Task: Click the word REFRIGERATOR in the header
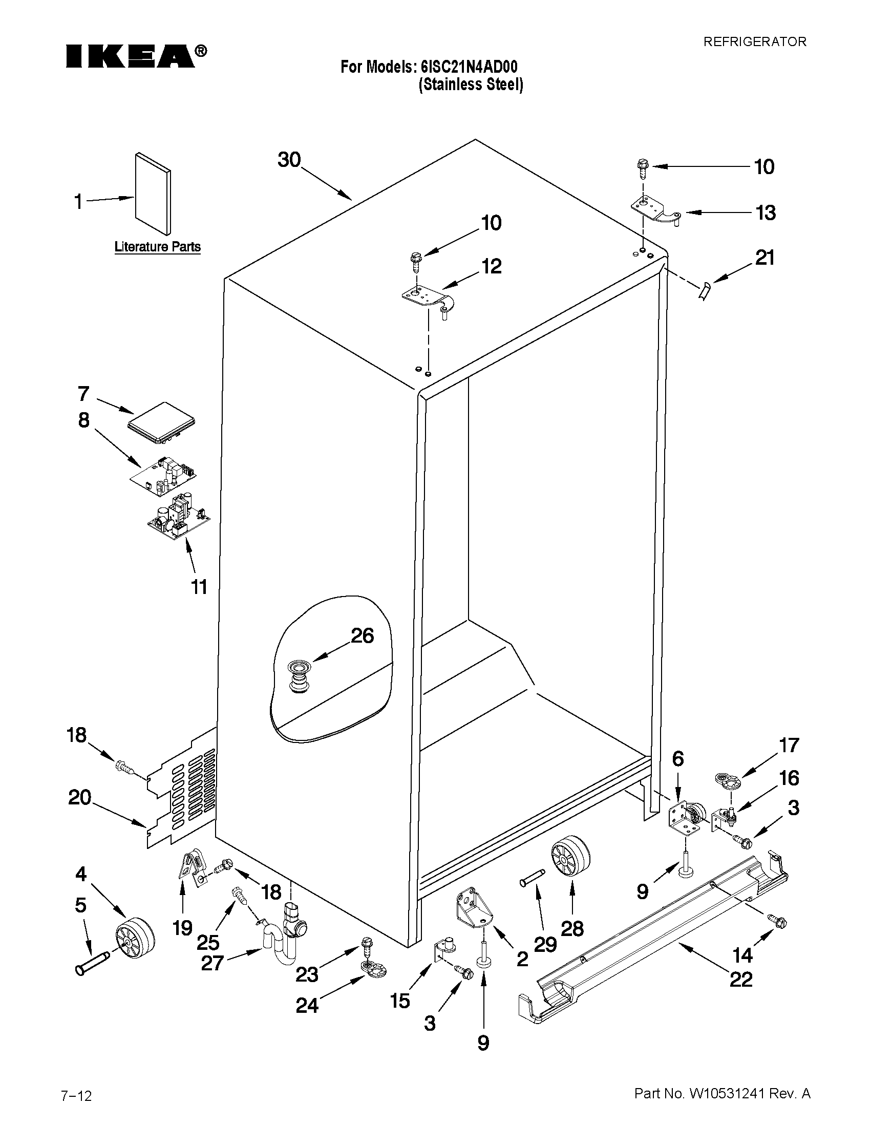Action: tap(754, 42)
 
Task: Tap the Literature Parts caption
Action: tap(157, 247)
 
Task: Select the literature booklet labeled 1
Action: tap(153, 194)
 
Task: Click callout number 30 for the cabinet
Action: tap(289, 160)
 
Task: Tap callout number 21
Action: tap(764, 258)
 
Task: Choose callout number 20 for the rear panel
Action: tap(79, 797)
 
